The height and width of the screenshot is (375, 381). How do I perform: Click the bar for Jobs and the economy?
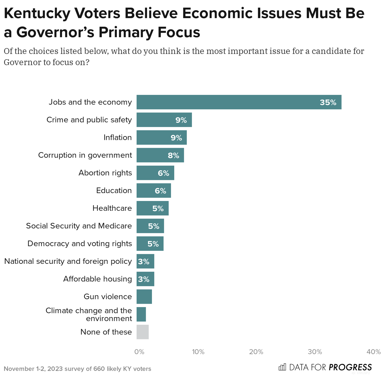239,102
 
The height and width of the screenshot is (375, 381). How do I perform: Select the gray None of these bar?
142,332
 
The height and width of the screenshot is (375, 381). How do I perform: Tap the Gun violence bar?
144,297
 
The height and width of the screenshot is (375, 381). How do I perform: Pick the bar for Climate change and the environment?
141,314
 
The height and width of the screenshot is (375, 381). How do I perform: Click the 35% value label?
328,103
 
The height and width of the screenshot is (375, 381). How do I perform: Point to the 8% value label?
173,155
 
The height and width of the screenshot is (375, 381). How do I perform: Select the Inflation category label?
118,138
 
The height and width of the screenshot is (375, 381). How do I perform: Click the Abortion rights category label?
105,173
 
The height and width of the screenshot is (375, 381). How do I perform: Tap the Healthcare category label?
112,208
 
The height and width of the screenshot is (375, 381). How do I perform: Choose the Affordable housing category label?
98,279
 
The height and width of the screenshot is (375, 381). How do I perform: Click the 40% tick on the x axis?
374,352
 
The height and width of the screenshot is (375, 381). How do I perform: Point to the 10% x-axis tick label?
198,352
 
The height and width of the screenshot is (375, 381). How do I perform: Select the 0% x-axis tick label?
139,352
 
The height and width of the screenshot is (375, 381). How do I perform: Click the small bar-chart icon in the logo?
282,367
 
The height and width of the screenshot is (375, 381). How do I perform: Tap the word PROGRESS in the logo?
350,367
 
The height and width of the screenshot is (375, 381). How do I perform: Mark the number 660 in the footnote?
99,369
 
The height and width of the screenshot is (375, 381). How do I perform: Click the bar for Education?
154,191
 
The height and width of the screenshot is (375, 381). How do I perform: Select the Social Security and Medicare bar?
150,226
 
